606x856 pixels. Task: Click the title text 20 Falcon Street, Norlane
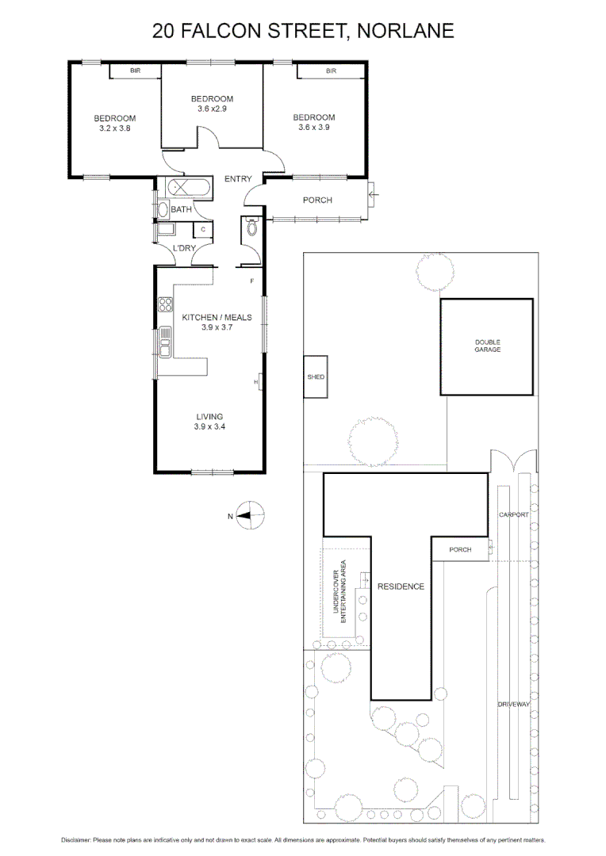pos(303,31)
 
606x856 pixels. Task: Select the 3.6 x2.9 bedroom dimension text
pos(212,109)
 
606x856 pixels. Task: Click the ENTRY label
pos(238,179)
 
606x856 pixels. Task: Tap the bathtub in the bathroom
pos(189,189)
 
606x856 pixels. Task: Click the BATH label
pos(181,210)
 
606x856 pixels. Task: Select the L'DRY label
pos(184,249)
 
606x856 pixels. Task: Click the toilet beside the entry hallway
pos(252,228)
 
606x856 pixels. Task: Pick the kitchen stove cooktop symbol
pos(165,305)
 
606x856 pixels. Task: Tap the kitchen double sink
pos(165,342)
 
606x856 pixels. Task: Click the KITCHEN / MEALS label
pos(217,317)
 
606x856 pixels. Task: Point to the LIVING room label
pos(209,417)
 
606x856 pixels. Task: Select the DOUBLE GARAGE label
pos(487,346)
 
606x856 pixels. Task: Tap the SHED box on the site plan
pos(316,377)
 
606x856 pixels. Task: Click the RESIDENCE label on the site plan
pos(401,587)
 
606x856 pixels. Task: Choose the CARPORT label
pos(513,514)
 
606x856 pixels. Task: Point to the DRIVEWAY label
pos(513,705)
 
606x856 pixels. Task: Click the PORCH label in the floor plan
pos(317,200)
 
